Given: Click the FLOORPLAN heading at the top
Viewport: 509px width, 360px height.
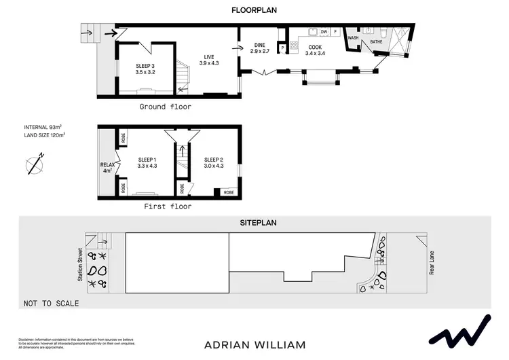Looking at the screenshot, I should click(x=254, y=11).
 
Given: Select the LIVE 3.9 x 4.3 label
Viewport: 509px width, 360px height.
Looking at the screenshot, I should click(x=208, y=60).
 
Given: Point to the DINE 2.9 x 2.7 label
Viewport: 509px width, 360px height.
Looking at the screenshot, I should click(x=260, y=48).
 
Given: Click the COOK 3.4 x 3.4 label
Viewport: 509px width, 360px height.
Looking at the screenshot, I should click(x=315, y=50).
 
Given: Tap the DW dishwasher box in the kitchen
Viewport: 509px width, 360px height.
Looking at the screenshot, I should click(x=324, y=32).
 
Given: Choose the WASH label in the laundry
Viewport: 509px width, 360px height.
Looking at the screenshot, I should click(x=353, y=38).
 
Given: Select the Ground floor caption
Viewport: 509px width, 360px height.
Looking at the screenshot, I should click(x=165, y=107).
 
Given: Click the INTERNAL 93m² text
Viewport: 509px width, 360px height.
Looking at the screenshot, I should click(x=43, y=127).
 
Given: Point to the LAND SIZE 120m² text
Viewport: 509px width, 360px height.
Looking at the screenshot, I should click(x=44, y=135).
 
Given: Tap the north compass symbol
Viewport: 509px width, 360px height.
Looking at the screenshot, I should click(x=34, y=164).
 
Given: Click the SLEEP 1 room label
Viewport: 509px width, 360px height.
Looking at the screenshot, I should click(x=147, y=162).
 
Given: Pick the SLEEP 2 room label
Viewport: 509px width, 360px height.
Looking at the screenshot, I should click(x=214, y=162).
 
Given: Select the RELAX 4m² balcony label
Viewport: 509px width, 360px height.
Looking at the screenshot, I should click(x=107, y=167).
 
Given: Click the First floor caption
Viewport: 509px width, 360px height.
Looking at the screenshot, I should click(x=168, y=206).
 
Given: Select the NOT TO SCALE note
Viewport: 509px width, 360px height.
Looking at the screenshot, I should click(x=51, y=303).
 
